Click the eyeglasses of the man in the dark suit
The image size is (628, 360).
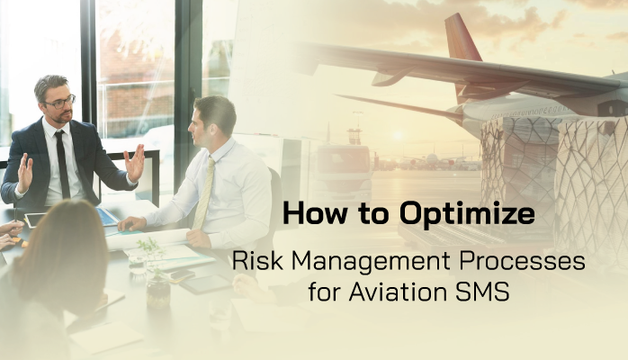point(58,102)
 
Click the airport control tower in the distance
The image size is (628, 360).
point(354,135)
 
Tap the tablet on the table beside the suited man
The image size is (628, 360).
point(36,219)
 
